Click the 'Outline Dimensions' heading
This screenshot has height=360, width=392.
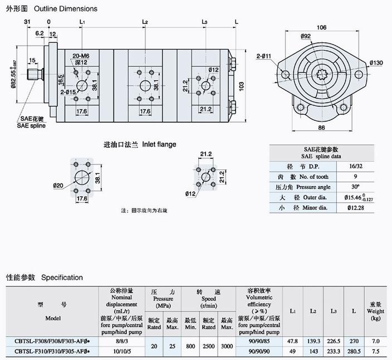[66, 8]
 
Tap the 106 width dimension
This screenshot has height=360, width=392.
[321, 27]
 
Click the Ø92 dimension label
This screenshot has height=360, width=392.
[306, 37]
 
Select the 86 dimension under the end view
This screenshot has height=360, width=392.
[321, 128]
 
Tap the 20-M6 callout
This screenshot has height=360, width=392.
[81, 56]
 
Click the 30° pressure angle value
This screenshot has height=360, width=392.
[354, 187]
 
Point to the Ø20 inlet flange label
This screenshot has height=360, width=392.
[58, 186]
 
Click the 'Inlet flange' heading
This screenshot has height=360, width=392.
[159, 144]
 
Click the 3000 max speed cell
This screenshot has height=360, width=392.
[227, 346]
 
